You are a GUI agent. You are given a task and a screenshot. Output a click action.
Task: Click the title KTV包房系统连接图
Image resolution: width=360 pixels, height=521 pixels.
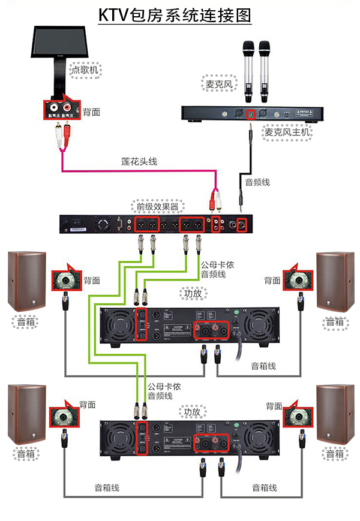(x=175, y=16)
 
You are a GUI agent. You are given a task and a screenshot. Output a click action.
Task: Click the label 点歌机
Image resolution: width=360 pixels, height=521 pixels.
(x=85, y=70)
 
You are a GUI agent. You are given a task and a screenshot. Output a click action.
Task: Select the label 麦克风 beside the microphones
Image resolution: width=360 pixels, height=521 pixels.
(x=218, y=85)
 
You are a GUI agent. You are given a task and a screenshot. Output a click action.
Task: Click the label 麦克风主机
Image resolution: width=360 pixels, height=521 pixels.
(x=287, y=131)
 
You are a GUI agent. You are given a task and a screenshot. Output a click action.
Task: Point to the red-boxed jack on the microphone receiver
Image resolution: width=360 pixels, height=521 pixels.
(x=252, y=113)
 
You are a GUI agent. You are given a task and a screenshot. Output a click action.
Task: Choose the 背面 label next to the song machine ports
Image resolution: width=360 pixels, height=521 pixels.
(x=91, y=112)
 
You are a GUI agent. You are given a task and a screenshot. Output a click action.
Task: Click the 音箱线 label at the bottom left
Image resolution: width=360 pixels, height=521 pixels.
(x=107, y=488)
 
